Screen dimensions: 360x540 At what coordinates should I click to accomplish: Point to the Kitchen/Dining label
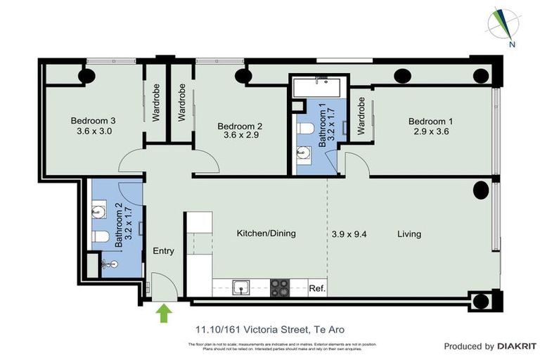pyautogui.click(x=266, y=233)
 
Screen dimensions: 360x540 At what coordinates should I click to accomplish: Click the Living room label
pyautogui.click(x=409, y=233)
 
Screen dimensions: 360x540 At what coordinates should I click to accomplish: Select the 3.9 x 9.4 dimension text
pyautogui.click(x=349, y=233)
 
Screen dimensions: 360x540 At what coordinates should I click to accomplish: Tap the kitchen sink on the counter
pyautogui.click(x=241, y=288)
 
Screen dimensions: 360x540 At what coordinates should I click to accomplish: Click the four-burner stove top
pyautogui.click(x=280, y=288)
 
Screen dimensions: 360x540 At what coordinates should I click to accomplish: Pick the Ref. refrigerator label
pyautogui.click(x=317, y=288)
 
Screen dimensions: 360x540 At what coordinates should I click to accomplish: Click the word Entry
pyautogui.click(x=163, y=251)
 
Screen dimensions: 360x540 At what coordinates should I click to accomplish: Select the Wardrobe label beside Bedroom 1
pyautogui.click(x=361, y=116)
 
